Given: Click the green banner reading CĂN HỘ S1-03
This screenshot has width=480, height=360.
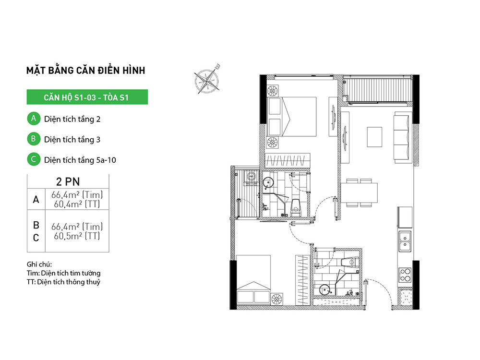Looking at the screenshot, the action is coord(87,97).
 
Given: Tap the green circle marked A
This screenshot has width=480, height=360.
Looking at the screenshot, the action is coord(34,119).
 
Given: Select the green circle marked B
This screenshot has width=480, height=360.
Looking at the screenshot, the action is coord(34,139).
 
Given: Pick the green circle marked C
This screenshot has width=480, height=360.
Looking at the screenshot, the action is coord(34,159).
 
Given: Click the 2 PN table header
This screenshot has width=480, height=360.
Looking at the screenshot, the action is coord(68,181).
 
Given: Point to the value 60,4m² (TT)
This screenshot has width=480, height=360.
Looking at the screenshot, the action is coord(77,204).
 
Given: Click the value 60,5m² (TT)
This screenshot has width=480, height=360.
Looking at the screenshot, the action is coord(77,236).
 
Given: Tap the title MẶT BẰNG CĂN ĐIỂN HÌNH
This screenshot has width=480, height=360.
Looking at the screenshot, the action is coord(86,71).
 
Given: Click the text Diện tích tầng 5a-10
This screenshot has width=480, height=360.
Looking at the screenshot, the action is coord(80,160).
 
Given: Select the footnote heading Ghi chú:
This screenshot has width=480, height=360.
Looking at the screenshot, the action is coord(39,264).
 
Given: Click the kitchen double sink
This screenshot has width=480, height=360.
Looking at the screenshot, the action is coord(405,241).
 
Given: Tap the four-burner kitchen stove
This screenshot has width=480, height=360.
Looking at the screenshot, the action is coord(405,275).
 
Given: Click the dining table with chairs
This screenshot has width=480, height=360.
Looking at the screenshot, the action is coord(359,192).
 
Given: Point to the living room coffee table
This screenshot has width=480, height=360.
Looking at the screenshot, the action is coord(374,137).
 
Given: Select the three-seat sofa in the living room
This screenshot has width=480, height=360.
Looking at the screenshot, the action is coord(401,137).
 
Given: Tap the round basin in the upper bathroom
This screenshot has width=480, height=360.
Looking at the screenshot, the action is coord(268,183).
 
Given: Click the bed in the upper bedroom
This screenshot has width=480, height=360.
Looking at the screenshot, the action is coord(292,117).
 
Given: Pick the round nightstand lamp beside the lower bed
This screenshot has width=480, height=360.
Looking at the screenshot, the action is coord(277,299).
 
